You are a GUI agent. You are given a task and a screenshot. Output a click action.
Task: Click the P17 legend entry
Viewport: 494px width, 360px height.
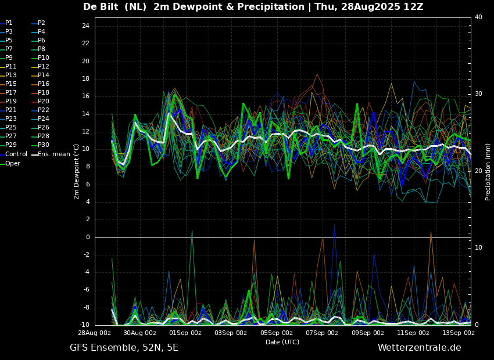(x=9, y=92)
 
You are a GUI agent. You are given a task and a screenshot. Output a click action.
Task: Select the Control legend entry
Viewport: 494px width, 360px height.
(x=13, y=154)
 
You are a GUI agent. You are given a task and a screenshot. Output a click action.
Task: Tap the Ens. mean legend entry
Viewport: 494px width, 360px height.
(x=51, y=154)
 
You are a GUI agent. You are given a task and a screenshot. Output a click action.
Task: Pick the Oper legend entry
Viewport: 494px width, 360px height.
(x=10, y=163)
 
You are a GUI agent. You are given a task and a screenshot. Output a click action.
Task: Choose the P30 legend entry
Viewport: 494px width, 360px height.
(x=41, y=145)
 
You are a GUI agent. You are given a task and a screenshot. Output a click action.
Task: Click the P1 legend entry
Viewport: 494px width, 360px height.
(x=6, y=23)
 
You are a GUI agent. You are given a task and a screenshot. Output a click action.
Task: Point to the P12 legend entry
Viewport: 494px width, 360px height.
(x=41, y=66)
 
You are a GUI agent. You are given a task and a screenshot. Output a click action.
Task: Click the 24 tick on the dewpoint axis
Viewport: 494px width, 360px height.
(x=85, y=26)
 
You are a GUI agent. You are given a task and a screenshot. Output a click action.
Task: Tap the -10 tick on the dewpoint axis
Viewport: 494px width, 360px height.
(x=84, y=325)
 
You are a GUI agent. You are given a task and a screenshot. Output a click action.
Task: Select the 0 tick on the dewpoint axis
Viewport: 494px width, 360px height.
(x=88, y=237)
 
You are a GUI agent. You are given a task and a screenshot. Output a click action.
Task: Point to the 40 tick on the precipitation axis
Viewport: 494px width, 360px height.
(x=478, y=17)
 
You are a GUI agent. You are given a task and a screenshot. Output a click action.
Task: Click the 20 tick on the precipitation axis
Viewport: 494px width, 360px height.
(x=478, y=171)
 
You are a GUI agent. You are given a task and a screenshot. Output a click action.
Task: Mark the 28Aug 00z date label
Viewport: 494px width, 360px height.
(x=95, y=333)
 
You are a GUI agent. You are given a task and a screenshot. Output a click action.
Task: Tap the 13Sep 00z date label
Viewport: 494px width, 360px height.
(x=459, y=333)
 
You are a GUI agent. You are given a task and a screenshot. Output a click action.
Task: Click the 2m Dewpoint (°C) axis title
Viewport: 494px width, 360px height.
(x=76, y=172)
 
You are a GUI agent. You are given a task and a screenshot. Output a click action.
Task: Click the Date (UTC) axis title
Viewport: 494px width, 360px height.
(x=282, y=342)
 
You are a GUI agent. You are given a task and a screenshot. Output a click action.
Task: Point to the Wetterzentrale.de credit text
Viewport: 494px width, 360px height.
(x=420, y=348)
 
